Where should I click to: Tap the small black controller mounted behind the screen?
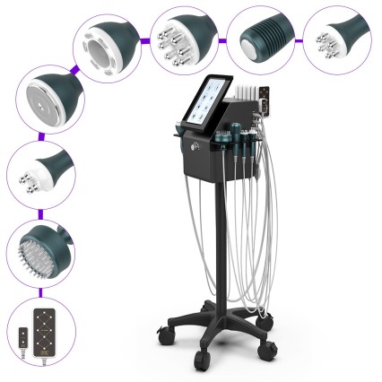pyautogui.click(x=264, y=101)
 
